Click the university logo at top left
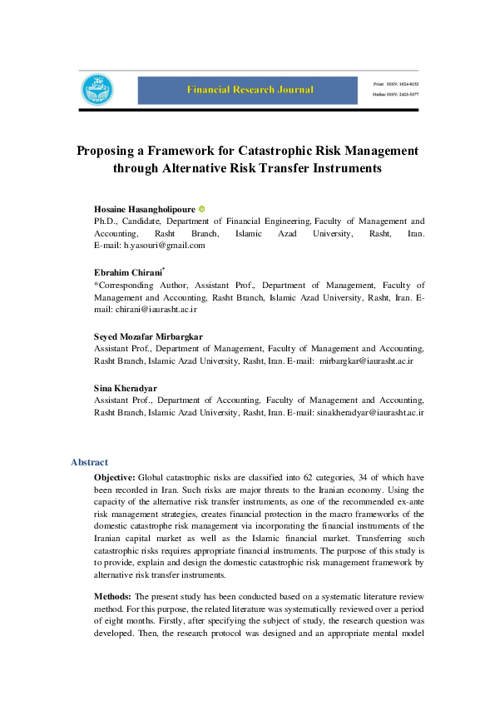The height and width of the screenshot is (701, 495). (97, 89)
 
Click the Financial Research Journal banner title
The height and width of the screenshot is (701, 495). (250, 89)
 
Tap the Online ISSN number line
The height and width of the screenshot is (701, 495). (395, 95)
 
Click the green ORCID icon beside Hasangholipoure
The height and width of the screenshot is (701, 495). (202, 208)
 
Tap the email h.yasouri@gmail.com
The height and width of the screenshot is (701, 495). (164, 246)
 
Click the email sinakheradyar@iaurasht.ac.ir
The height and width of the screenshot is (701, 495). (371, 412)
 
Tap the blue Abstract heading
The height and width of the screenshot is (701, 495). (89, 462)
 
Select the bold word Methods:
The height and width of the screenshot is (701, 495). (112, 596)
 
